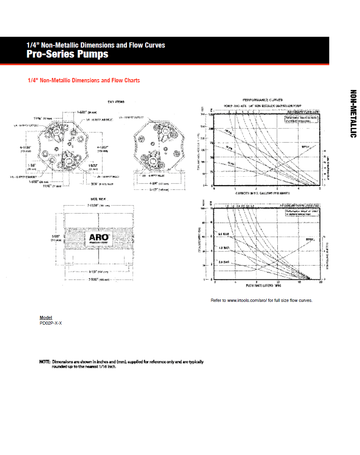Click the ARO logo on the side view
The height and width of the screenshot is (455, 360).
click(x=99, y=239)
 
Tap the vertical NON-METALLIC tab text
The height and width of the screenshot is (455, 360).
click(x=353, y=114)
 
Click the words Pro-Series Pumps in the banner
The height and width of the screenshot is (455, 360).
click(x=68, y=54)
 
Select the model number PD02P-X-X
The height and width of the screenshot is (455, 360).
click(x=51, y=323)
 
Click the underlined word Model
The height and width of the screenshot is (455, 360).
click(x=46, y=318)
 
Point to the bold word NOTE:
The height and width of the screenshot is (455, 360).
click(x=45, y=362)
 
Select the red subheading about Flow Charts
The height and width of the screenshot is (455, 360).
click(x=84, y=80)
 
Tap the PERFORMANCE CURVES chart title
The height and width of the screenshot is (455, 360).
click(x=263, y=100)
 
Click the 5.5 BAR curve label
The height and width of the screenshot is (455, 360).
click(x=223, y=233)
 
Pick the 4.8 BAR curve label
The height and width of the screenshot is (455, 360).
click(x=223, y=248)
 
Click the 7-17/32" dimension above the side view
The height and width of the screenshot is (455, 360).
click(x=94, y=205)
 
